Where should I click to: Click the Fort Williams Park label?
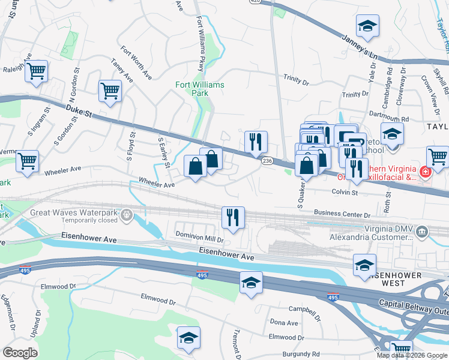click(200, 89)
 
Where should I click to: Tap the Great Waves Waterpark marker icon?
click(126, 214)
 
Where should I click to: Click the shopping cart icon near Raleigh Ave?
click(37, 71)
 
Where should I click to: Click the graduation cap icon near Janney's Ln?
click(367, 26)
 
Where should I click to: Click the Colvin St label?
click(345, 193)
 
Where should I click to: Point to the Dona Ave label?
click(284, 323)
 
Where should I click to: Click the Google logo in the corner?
click(20, 352)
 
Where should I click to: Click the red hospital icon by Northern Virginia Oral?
click(426, 173)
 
